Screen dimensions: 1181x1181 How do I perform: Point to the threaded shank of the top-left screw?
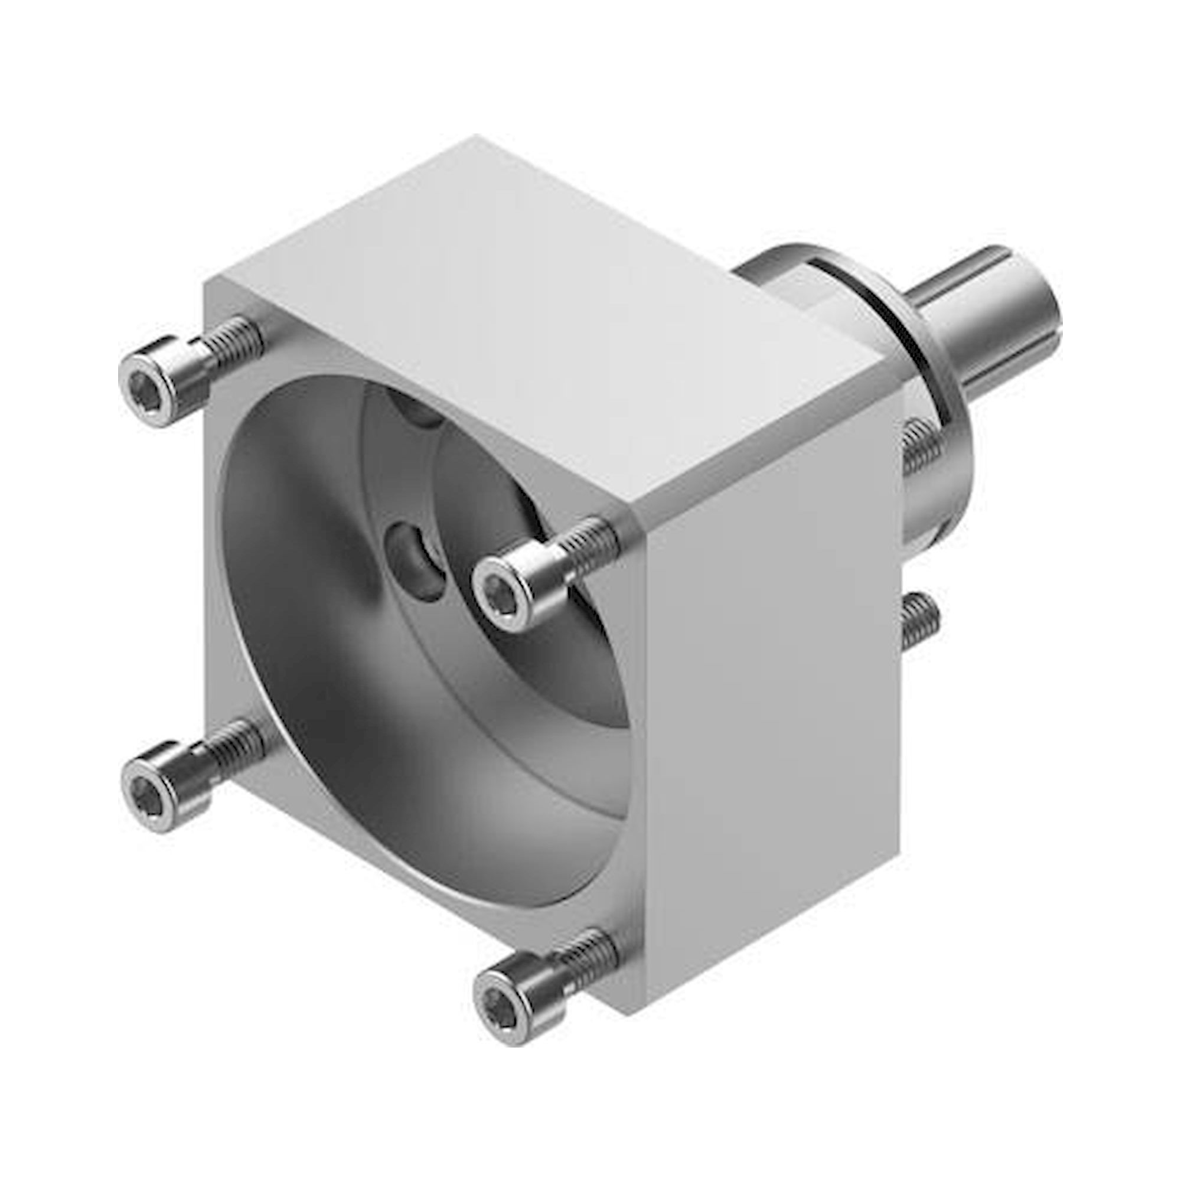tap(236, 340)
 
